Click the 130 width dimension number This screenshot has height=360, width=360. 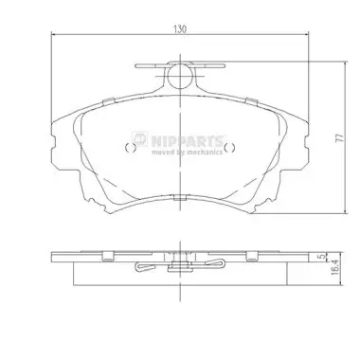[x=180, y=28]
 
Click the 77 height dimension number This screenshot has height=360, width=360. [x=339, y=137]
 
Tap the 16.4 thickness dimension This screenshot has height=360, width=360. [x=335, y=268]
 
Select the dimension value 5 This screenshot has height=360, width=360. [x=321, y=257]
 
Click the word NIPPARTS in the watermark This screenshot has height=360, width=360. [x=187, y=141]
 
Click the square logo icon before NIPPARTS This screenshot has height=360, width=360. [x=139, y=139]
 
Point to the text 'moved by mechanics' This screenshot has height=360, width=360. [x=187, y=153]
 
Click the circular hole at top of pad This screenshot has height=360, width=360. [x=180, y=76]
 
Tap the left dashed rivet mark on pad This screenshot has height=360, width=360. [x=131, y=148]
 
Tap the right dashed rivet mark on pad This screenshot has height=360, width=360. [x=229, y=148]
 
